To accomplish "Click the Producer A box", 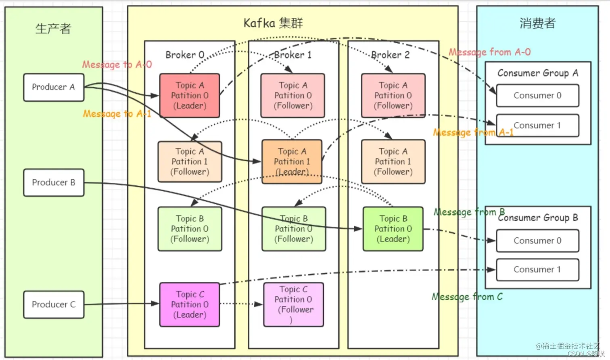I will click(54, 87).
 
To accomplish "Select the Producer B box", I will click(54, 182).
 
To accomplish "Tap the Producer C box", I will click(54, 304).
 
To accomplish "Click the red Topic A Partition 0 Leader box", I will click(190, 96).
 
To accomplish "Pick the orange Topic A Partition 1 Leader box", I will click(292, 161).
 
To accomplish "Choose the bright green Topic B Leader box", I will click(393, 229).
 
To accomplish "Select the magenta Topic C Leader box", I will click(190, 304).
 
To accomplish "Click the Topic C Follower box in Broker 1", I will click(293, 304).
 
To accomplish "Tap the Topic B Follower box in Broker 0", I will click(190, 229).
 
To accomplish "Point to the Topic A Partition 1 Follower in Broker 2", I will click(393, 161).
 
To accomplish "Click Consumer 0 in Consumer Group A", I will click(537, 96).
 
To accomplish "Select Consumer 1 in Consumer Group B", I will click(537, 270).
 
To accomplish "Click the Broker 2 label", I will click(390, 55).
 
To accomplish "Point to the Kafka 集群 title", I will click(273, 23).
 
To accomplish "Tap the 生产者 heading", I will click(53, 29).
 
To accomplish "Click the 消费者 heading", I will click(537, 23).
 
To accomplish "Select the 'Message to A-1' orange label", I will click(117, 114).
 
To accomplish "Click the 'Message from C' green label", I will click(467, 297).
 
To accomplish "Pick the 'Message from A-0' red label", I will click(490, 52).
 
